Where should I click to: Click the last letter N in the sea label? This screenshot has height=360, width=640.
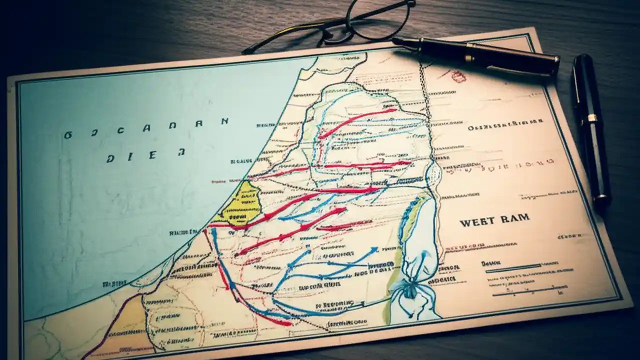click(224, 121)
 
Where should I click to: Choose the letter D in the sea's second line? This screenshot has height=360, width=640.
click(110, 158)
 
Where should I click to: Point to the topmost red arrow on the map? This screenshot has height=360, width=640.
click(357, 121)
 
